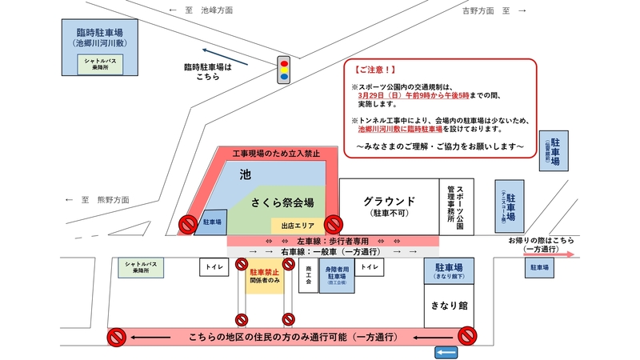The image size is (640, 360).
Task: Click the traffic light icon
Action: pyautogui.click(x=283, y=70)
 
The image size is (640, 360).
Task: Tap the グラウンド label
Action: pyautogui.click(x=389, y=200)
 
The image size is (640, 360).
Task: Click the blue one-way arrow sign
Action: pyautogui.click(x=446, y=353)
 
